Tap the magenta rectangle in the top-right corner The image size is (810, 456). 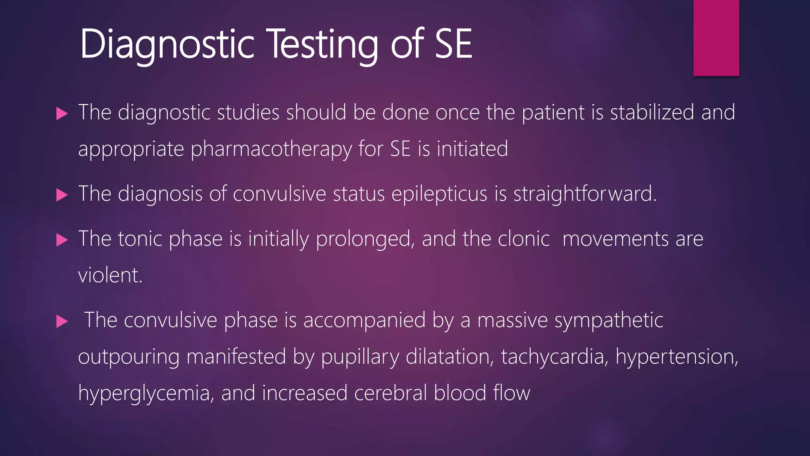(716, 38)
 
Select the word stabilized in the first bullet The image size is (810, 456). (652, 112)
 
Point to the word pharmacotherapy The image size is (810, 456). (271, 149)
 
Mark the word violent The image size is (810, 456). (110, 275)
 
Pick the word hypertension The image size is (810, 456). (677, 357)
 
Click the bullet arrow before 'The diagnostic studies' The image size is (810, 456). (62, 114)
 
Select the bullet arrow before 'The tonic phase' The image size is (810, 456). (62, 240)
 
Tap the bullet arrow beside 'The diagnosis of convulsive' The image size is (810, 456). (62, 195)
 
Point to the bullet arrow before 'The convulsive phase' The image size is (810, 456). (62, 321)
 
